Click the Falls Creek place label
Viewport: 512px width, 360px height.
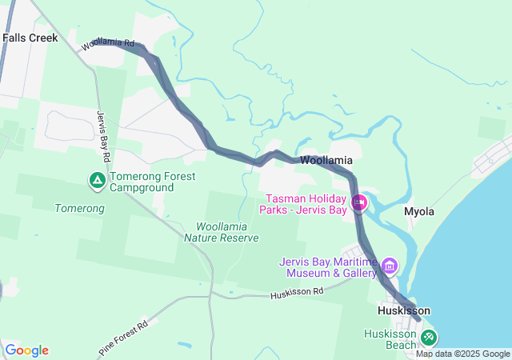click(24, 38)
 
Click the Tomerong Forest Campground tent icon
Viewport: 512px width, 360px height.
click(97, 181)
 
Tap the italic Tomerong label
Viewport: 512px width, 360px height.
click(79, 209)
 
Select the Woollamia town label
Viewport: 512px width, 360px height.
click(326, 161)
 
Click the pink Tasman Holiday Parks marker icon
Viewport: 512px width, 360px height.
click(359, 203)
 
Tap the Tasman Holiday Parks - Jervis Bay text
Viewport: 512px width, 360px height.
click(305, 205)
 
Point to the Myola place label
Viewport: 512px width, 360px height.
click(419, 212)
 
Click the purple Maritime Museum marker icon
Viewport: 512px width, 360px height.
click(390, 266)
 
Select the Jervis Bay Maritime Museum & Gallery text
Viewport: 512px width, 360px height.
click(328, 267)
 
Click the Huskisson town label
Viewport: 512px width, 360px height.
click(404, 310)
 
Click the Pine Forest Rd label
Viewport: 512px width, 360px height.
click(124, 338)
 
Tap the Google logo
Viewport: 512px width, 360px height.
click(27, 350)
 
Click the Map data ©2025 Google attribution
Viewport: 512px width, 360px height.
click(462, 354)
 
